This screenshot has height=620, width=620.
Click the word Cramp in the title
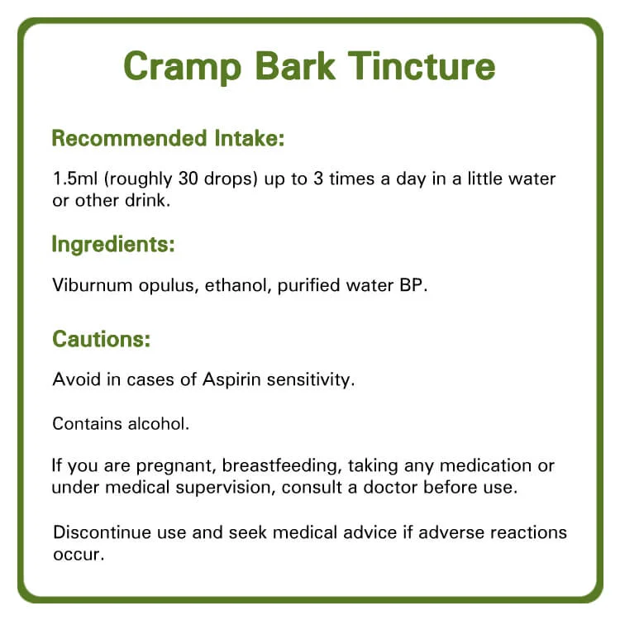coord(183,67)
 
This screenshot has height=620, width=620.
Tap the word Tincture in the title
coord(422,66)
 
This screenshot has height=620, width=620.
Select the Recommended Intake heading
coord(168,138)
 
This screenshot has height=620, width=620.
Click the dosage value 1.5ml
coord(75,179)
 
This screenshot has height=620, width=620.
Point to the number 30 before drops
coord(188,179)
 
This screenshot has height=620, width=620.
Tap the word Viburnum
coord(92,285)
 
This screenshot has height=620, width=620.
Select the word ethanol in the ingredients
coord(237,285)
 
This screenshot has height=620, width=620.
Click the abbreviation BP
coord(413,285)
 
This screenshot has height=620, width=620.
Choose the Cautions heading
coord(102,339)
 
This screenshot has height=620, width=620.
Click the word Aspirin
coord(231,380)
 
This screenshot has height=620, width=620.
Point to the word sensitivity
coord(311,380)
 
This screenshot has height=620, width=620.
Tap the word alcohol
coord(159,424)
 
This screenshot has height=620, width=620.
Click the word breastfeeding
coord(282,466)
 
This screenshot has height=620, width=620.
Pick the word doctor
coord(390,488)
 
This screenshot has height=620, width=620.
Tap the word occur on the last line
coord(79,555)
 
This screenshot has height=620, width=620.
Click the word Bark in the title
coord(295,66)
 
